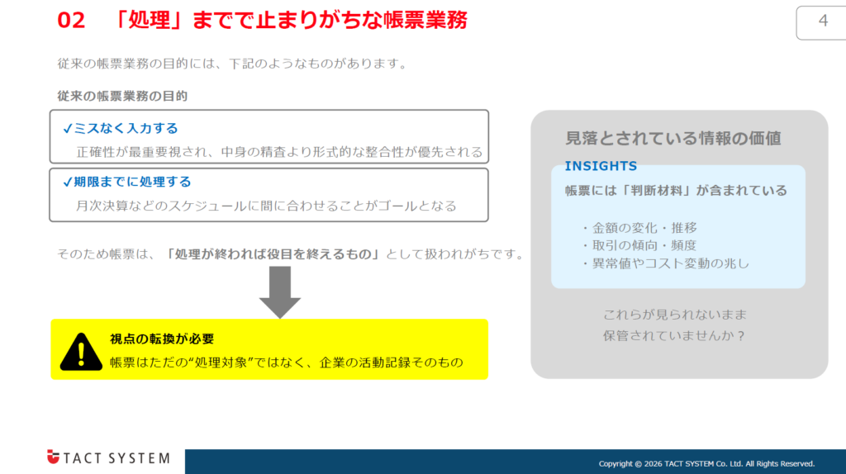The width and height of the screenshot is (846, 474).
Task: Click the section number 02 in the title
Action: click(72, 21)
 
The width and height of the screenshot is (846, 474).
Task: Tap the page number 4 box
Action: click(822, 22)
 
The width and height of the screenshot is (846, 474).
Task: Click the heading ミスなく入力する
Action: click(126, 128)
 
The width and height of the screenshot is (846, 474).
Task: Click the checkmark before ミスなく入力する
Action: click(67, 128)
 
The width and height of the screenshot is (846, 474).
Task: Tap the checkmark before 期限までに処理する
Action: click(67, 182)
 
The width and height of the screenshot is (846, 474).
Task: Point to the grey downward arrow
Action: click(279, 293)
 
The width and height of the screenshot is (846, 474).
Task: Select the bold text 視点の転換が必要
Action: click(162, 339)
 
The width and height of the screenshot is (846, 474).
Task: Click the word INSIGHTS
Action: click(601, 166)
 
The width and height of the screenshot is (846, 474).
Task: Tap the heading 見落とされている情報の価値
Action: click(673, 138)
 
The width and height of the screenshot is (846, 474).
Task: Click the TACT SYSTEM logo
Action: click(108, 457)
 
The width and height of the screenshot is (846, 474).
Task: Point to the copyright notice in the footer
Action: click(706, 463)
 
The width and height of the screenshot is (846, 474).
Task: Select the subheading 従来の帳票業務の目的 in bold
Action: click(122, 96)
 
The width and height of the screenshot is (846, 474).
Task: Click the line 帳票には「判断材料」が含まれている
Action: click(676, 191)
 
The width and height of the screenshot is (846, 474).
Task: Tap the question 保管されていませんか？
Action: click(675, 336)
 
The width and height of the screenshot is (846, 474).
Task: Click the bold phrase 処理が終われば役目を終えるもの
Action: click(272, 254)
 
